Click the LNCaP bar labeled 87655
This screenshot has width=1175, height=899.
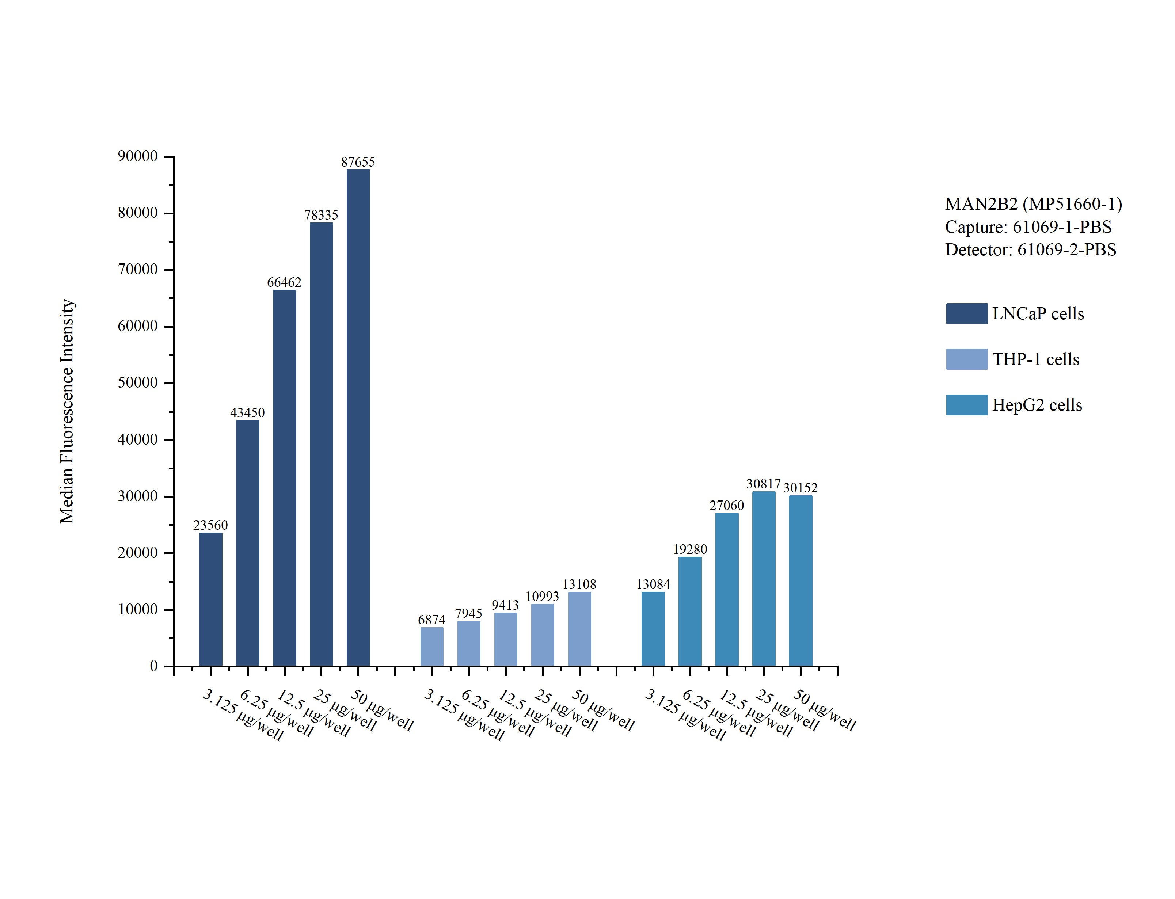tap(358, 418)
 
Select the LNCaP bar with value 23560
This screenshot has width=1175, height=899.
tap(211, 599)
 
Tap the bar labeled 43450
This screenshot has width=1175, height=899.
tap(248, 543)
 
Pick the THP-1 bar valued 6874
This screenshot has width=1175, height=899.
tap(432, 647)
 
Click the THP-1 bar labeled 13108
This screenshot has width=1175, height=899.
tap(579, 629)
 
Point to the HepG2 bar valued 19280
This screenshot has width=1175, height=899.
tap(690, 612)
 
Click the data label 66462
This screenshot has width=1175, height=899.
tap(284, 282)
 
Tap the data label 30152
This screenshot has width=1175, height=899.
tap(801, 488)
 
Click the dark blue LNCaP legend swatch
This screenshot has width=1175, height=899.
tap(966, 313)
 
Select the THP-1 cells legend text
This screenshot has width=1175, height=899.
tap(1035, 359)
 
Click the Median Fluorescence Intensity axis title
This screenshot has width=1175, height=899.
tap(67, 411)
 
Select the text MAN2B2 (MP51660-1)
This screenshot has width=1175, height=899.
tap(1033, 204)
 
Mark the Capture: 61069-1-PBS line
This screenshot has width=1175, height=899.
tap(1028, 227)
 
